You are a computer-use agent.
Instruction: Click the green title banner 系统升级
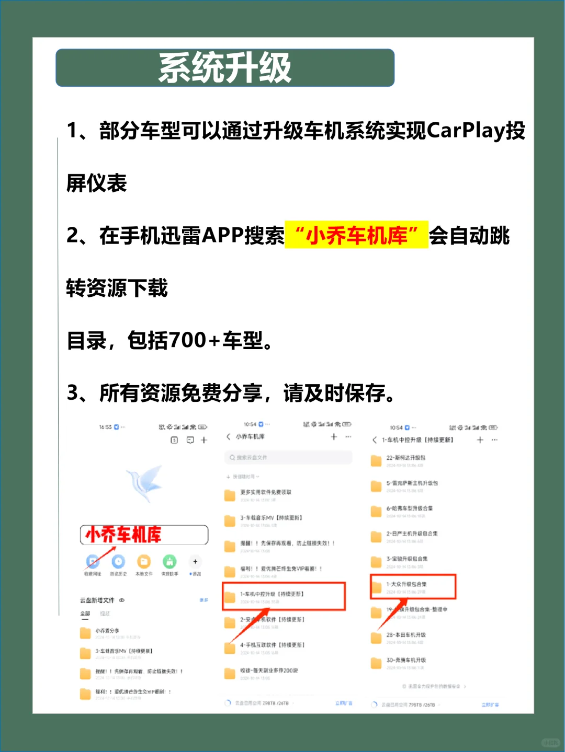pos(225,68)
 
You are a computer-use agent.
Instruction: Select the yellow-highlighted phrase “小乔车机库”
pos(356,236)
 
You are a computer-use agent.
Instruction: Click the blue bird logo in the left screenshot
pos(145,483)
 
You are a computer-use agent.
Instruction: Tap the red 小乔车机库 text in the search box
pos(123,535)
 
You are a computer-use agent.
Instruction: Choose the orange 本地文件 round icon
pos(143,562)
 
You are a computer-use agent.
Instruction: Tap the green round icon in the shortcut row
pos(169,562)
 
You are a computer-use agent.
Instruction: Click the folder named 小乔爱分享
pos(107,632)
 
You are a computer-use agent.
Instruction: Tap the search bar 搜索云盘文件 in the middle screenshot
pos(288,458)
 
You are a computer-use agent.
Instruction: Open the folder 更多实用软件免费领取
pos(265,493)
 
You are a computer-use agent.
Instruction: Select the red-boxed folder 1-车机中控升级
pos(284,596)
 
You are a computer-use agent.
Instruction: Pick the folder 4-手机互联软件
pos(272,646)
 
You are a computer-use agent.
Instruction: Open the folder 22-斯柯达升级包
pos(405,459)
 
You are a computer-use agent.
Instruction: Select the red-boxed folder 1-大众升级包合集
pos(413,586)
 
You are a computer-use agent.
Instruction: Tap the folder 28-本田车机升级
pos(405,636)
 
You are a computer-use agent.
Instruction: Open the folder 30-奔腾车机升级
pos(405,661)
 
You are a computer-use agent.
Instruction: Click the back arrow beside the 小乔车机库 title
pos(229,437)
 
